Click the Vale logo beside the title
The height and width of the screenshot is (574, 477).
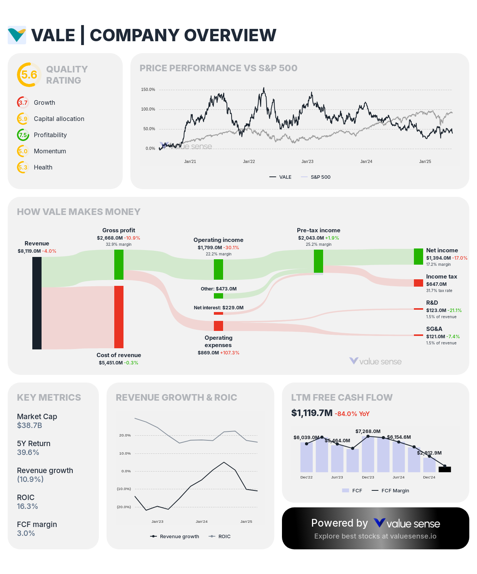pyautogui.click(x=17, y=35)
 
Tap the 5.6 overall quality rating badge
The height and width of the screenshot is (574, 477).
pyautogui.click(x=29, y=75)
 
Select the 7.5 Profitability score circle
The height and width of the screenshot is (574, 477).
pyautogui.click(x=23, y=135)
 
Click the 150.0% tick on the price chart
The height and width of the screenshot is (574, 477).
pyautogui.click(x=148, y=90)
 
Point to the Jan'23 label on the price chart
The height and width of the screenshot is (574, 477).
pyautogui.click(x=307, y=162)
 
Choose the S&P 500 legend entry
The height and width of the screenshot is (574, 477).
pyautogui.click(x=320, y=177)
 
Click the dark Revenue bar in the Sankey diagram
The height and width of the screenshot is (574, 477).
pyautogui.click(x=37, y=303)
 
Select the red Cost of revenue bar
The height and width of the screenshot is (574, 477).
pyautogui.click(x=119, y=317)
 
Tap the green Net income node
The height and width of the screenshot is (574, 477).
pyautogui.click(x=418, y=257)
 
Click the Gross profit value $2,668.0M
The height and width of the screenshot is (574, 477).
pyautogui.click(x=110, y=238)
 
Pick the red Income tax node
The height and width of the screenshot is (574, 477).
pyautogui.click(x=418, y=283)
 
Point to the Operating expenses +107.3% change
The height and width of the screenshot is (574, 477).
pyautogui.click(x=230, y=353)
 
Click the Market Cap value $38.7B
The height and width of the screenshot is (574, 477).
pyautogui.click(x=30, y=426)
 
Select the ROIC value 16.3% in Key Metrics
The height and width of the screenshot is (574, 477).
pyautogui.click(x=27, y=507)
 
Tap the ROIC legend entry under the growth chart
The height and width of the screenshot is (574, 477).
pyautogui.click(x=224, y=537)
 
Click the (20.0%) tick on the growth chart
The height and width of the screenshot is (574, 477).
pyautogui.click(x=124, y=507)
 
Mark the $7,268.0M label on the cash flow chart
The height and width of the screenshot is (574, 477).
pyautogui.click(x=368, y=431)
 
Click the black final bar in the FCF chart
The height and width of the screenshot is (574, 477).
pyautogui.click(x=445, y=469)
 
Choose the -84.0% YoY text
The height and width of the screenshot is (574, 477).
pyautogui.click(x=352, y=414)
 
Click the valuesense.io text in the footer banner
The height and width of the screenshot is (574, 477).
pyautogui.click(x=413, y=536)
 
